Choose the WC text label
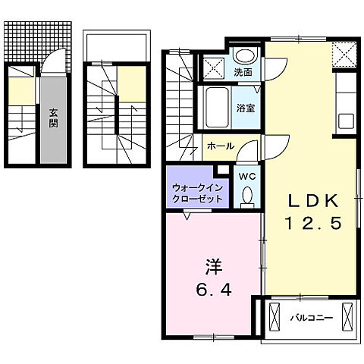(x=246, y=176)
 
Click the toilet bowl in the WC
(x=246, y=197)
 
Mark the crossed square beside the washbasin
(x=215, y=65)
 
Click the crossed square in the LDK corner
(x=345, y=53)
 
